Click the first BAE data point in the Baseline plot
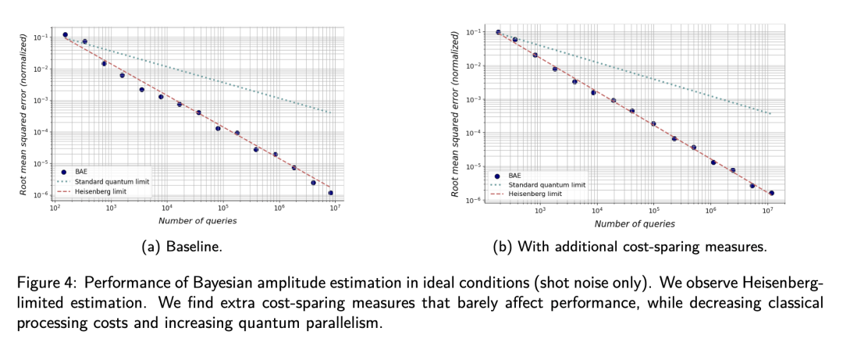(65, 35)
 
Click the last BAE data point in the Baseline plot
(331, 193)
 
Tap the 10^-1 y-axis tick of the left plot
(44, 37)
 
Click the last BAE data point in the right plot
(770, 193)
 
